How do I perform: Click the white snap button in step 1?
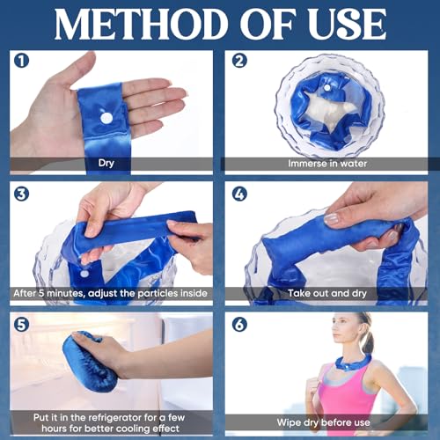coord(106,117)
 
